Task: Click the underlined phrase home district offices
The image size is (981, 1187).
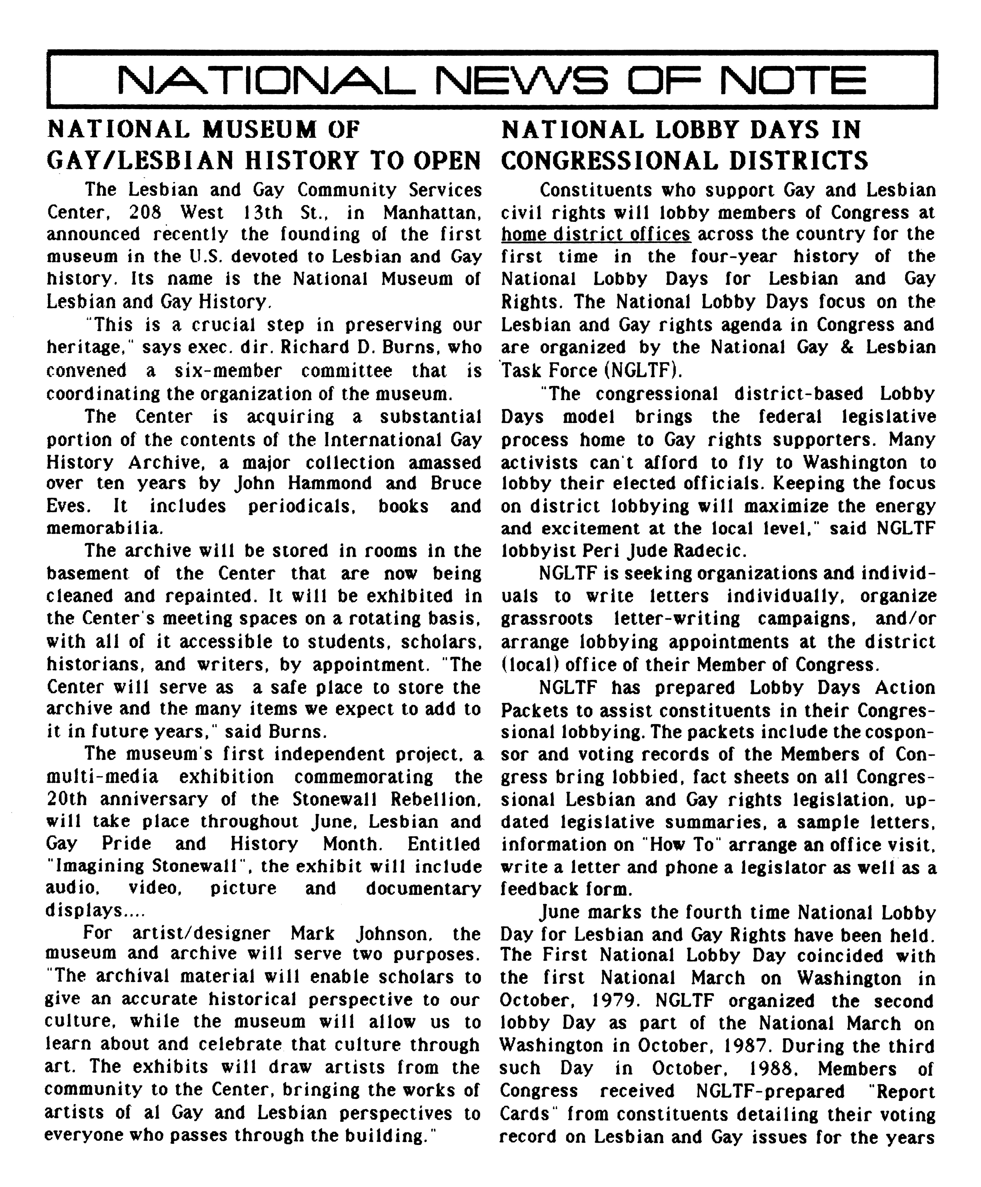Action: click(596, 234)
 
